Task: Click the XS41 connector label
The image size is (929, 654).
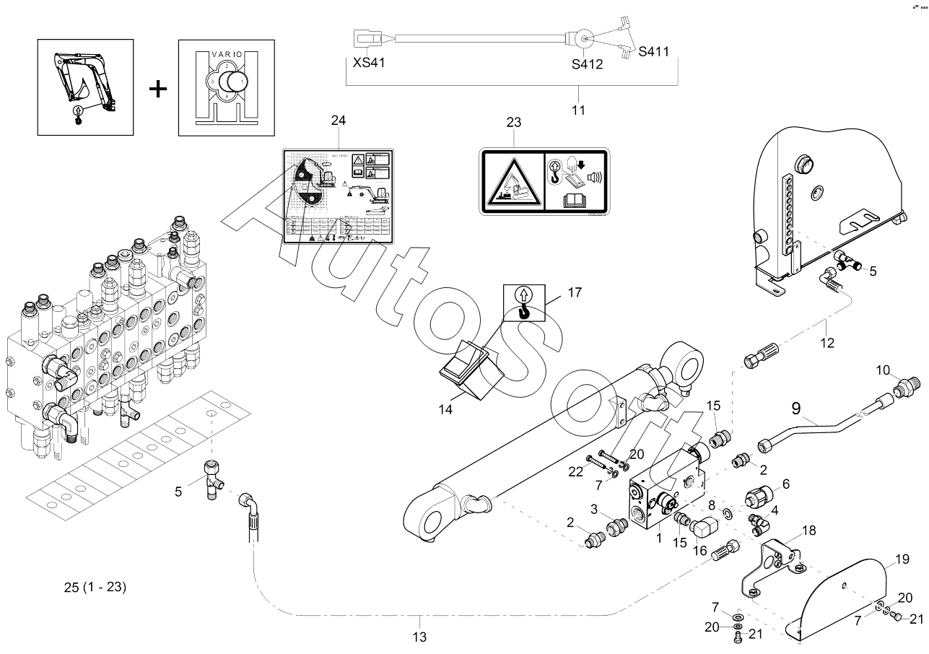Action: pos(369,62)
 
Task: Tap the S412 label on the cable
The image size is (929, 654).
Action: pos(587,64)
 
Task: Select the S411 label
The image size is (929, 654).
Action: pos(654,51)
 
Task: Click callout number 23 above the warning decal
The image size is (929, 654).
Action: pos(513,122)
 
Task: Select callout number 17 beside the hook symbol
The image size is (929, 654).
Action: pos(574,292)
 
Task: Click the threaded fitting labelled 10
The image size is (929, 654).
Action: pos(902,390)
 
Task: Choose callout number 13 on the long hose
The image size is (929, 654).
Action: pos(419,637)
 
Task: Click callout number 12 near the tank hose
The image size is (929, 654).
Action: pos(827,342)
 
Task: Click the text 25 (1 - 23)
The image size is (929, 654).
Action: pos(95,587)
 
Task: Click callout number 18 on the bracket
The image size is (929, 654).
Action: pos(808,531)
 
